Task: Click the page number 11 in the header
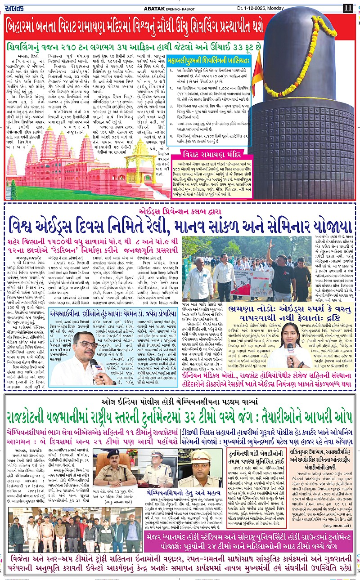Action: tap(348, 8)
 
